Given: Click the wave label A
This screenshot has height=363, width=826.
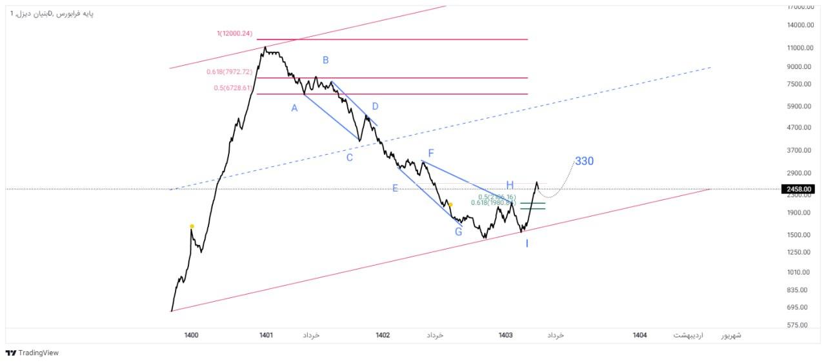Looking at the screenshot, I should pyautogui.click(x=294, y=108).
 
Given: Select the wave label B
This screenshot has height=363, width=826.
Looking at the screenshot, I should pyautogui.click(x=326, y=61).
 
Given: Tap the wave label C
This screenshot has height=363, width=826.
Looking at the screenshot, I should pyautogui.click(x=349, y=157).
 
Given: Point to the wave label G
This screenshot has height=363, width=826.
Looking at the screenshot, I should pyautogui.click(x=458, y=231).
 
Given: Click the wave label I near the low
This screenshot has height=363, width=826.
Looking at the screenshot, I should pyautogui.click(x=527, y=244).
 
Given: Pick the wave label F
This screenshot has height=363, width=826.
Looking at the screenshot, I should pyautogui.click(x=431, y=153).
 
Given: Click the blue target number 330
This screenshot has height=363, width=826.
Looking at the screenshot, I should pyautogui.click(x=584, y=161).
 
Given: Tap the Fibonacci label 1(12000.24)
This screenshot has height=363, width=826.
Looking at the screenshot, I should pyautogui.click(x=235, y=33).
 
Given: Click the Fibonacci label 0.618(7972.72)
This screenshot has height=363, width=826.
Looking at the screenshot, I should pyautogui.click(x=230, y=72).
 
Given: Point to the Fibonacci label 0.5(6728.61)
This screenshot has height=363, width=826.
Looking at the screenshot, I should pyautogui.click(x=233, y=88).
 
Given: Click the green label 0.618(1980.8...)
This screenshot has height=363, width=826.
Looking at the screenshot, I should pyautogui.click(x=493, y=203).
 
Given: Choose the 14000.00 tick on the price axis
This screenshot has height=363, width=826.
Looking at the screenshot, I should pyautogui.click(x=800, y=25).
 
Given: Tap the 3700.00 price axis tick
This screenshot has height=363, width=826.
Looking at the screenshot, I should pyautogui.click(x=800, y=150).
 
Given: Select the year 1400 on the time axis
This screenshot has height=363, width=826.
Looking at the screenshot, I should pyautogui.click(x=191, y=335).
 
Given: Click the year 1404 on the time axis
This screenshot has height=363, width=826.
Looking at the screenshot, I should pyautogui.click(x=640, y=335).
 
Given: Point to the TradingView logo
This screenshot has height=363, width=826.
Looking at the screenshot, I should pyautogui.click(x=32, y=353).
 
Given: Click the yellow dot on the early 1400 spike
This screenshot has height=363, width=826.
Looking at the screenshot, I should pyautogui.click(x=192, y=226).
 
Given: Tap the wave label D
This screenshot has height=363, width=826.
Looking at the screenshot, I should pyautogui.click(x=375, y=106).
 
